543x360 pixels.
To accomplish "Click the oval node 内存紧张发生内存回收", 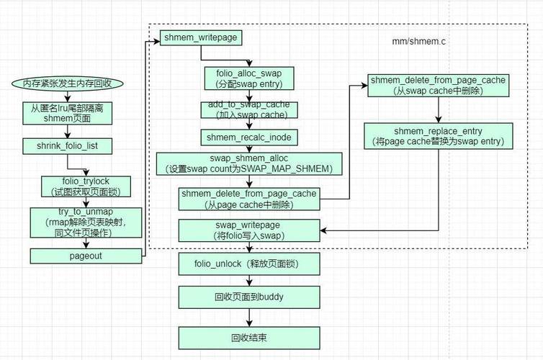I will [67, 83].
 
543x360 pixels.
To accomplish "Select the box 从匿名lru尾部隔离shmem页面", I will [67, 113].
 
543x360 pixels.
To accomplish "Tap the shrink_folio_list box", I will [67, 146].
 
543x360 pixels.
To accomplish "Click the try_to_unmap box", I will [86, 223].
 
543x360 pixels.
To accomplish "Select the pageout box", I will [86, 256].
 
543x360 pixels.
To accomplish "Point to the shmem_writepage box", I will [189, 37].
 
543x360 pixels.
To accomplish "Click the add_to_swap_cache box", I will [248, 109].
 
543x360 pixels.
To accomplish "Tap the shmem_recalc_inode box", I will [248, 137].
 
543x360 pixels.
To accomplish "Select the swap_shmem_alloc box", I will [248, 163].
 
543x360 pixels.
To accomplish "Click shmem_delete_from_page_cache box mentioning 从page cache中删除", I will [248, 199].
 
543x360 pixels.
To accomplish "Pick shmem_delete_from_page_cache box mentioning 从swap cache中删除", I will [438, 84].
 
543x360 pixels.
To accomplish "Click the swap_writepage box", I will [248, 230].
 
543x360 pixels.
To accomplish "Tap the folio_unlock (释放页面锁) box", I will [248, 264].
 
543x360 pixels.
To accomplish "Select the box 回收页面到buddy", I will [248, 296].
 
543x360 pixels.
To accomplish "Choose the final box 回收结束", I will [248, 336].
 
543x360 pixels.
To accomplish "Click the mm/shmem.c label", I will [424, 42].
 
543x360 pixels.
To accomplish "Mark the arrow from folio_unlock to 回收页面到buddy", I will [248, 281].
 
